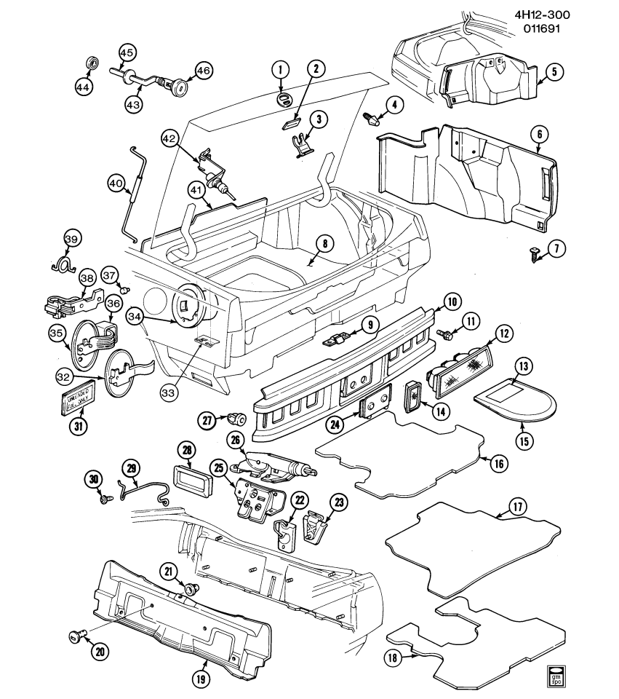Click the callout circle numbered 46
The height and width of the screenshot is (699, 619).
point(202,71)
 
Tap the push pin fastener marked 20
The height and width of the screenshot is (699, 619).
point(75,636)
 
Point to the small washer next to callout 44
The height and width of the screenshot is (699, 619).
point(93,61)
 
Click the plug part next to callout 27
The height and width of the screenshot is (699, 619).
point(236,419)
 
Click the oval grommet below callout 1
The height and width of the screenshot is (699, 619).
point(284,98)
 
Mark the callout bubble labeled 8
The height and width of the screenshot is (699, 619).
point(324,242)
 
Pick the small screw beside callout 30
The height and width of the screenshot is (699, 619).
point(107,499)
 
